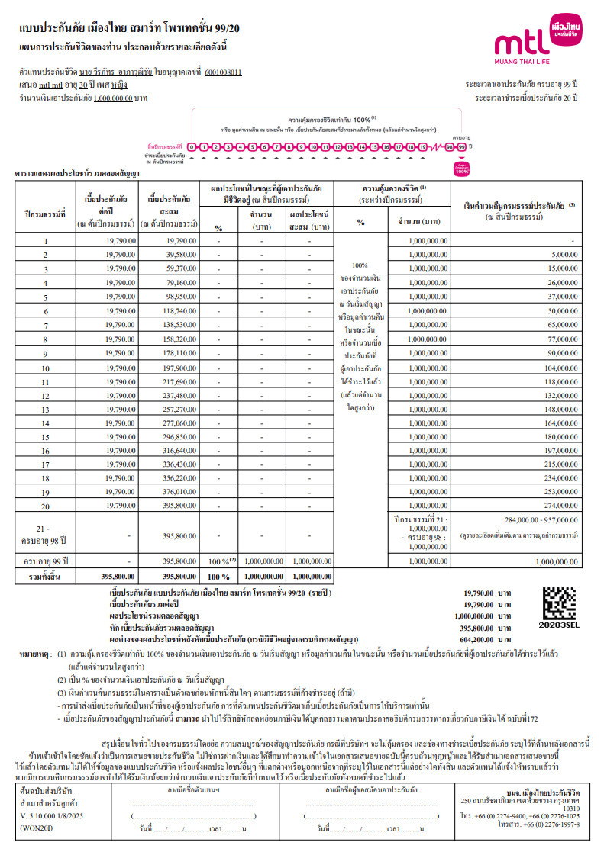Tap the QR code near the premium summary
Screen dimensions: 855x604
pos(559,602)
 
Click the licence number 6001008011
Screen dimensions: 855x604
pos(224,72)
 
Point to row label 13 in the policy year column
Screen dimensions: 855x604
pos(46,409)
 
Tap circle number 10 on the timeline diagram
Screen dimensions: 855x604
pos(313,146)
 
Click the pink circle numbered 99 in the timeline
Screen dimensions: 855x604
pos(461,146)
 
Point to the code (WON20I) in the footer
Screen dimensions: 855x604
pos(36,825)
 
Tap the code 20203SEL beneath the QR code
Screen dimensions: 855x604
pos(559,623)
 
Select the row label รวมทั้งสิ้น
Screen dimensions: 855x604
pos(46,577)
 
